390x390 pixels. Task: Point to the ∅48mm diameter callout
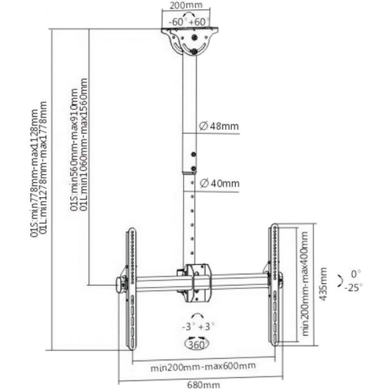(x=219, y=126)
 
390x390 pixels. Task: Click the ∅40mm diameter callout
(x=219, y=183)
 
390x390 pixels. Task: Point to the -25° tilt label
(x=353, y=287)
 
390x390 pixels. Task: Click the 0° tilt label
(x=355, y=274)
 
